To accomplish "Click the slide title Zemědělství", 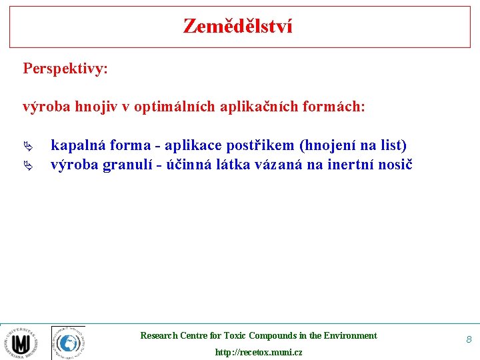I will (238, 27).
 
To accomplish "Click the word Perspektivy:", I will (65, 69).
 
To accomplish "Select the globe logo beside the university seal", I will (68, 343).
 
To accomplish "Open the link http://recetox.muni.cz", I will (259, 352).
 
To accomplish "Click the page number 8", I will (469, 340).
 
